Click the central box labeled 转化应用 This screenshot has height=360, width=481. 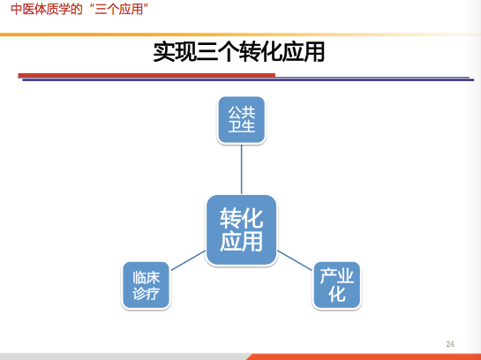click(242, 230)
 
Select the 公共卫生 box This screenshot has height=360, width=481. click(242, 120)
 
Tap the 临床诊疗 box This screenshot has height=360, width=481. click(146, 285)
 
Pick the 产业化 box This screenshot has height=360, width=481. click(337, 285)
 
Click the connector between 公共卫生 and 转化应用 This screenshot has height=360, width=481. click(242, 169)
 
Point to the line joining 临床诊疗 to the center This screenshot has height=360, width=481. click(188, 260)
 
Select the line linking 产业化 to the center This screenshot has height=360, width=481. click(295, 260)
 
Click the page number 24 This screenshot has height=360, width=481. click(450, 344)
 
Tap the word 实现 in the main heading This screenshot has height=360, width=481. click(175, 52)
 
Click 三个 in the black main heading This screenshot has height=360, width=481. click(217, 52)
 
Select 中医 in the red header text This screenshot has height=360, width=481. click(22, 9)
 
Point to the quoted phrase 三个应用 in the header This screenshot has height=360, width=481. click(119, 9)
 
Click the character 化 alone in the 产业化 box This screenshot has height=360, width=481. click(337, 294)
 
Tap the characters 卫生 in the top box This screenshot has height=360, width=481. click(242, 126)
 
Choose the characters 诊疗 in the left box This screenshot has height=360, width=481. click(146, 293)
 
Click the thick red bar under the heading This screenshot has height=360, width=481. click(147, 75)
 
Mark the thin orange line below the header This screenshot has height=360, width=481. click(240, 34)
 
